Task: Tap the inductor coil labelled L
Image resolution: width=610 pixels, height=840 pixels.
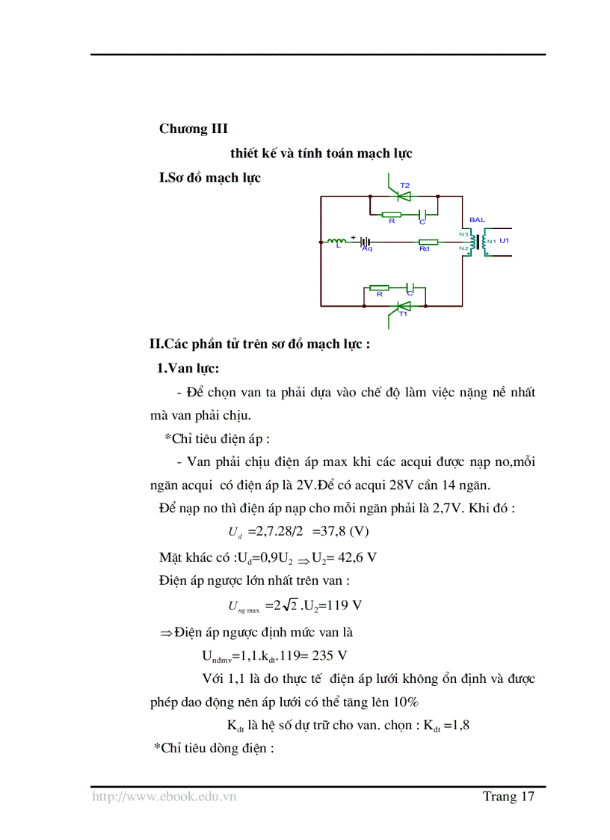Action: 333,241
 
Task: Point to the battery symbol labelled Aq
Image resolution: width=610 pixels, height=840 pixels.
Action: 366,242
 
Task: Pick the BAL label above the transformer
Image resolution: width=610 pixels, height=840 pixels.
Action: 477,220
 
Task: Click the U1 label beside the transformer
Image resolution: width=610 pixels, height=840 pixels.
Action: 504,240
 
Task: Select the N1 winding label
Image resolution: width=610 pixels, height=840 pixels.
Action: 491,241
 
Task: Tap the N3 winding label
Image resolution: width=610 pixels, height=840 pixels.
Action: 463,235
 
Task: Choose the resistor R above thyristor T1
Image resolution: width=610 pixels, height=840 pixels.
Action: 379,287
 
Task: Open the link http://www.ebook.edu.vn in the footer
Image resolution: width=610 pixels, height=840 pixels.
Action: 164,797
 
